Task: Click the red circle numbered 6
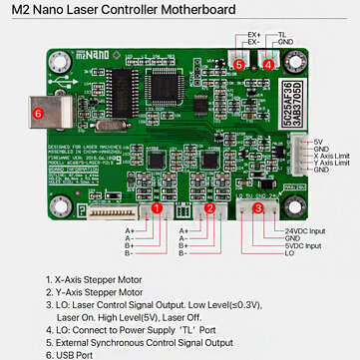click(x=37, y=113)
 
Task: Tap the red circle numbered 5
click(x=239, y=63)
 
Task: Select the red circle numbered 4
click(x=269, y=63)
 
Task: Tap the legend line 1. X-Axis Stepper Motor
click(x=95, y=280)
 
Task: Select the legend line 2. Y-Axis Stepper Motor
click(x=95, y=292)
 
